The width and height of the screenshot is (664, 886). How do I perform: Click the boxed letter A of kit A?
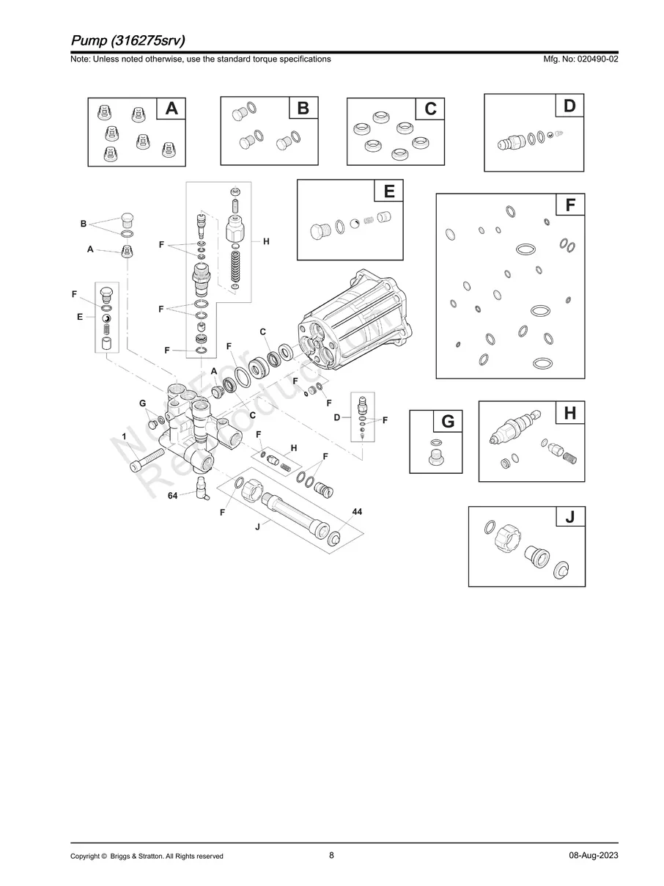pos(171,109)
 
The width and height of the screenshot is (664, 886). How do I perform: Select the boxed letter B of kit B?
pos(303,109)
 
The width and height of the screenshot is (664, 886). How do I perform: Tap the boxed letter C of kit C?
pos(430,109)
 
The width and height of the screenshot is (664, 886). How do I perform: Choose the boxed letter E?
pos(389,191)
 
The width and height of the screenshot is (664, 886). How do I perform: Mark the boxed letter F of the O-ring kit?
pos(570,205)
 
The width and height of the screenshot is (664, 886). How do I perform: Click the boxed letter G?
pos(449,421)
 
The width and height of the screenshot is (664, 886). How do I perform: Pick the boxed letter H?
pos(570,413)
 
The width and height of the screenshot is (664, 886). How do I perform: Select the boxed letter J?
pos(570,518)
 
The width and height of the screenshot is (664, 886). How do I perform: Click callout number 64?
pos(173,496)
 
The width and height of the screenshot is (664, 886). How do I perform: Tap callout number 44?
pos(357,510)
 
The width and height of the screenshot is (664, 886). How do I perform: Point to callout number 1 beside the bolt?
pos(125,436)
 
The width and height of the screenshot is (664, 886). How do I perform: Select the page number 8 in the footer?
pos(331,855)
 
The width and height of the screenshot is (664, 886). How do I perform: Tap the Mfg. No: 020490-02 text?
pos(578,59)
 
